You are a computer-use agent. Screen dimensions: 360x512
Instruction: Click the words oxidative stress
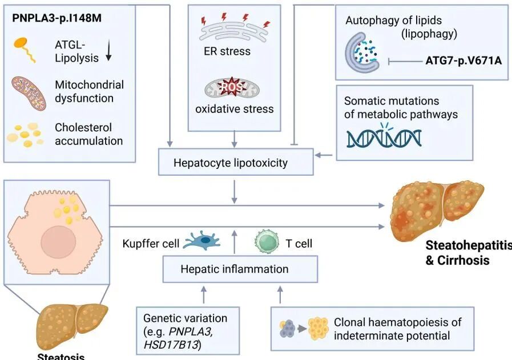coord(235,108)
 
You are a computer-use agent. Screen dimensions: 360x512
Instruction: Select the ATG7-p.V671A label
coord(463,59)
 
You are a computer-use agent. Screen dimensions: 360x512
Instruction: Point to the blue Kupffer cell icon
coord(202,242)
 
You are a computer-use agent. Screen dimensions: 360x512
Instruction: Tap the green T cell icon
coord(266,242)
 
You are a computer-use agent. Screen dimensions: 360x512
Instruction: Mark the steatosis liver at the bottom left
coord(73,323)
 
